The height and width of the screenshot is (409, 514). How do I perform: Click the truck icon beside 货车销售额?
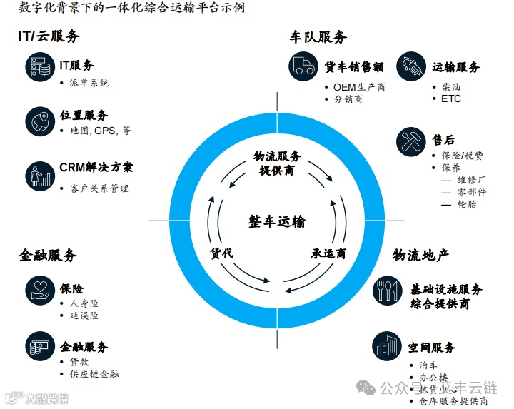pyautogui.click(x=303, y=66)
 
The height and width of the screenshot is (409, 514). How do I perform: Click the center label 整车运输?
pyautogui.click(x=277, y=221)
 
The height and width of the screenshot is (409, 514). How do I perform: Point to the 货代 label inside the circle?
pyautogui.click(x=221, y=253)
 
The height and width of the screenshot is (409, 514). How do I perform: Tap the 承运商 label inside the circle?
pyautogui.click(x=328, y=253)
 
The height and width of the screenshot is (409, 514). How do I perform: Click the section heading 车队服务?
pyautogui.click(x=318, y=37)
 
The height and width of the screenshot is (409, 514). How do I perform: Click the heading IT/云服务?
pyautogui.click(x=49, y=36)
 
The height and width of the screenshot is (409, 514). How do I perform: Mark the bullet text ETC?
pyautogui.click(x=451, y=99)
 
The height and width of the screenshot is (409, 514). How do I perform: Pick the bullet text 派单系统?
pyautogui.click(x=89, y=83)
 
